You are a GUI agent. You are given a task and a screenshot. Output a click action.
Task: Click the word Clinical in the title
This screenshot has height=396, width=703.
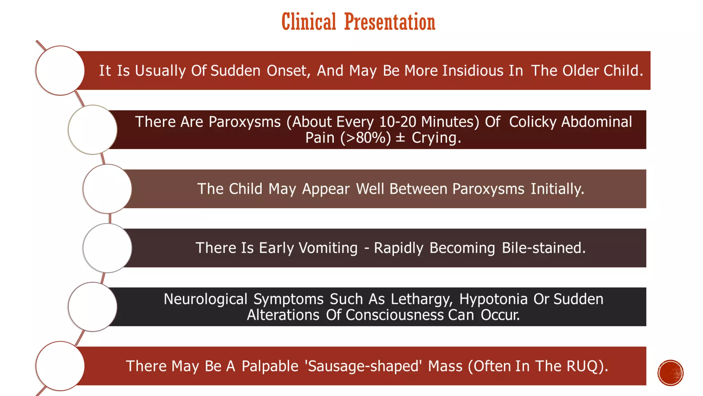309,22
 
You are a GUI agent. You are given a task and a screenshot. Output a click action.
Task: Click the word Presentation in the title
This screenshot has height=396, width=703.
390,22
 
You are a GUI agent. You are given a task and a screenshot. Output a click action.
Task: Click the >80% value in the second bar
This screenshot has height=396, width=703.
366,138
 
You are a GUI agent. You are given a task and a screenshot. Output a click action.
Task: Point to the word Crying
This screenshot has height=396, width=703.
436,138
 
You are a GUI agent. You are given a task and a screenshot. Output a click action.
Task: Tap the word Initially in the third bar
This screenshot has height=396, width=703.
557,189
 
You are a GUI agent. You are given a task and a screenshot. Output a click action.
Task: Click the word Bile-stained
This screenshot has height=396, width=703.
543,248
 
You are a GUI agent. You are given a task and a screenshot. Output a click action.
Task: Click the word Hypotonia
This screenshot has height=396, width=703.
493,299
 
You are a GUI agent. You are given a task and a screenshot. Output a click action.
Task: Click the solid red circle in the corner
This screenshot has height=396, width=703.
670,373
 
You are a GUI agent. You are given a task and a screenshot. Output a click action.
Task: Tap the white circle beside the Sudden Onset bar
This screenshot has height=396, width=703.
60,70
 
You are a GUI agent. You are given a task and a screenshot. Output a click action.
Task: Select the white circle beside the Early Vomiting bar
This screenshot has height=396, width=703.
107,248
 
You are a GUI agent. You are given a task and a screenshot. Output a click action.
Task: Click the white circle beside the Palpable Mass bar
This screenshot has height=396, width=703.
60,366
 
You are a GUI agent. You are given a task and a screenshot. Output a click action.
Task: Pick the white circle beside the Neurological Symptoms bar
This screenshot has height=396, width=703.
93,307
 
